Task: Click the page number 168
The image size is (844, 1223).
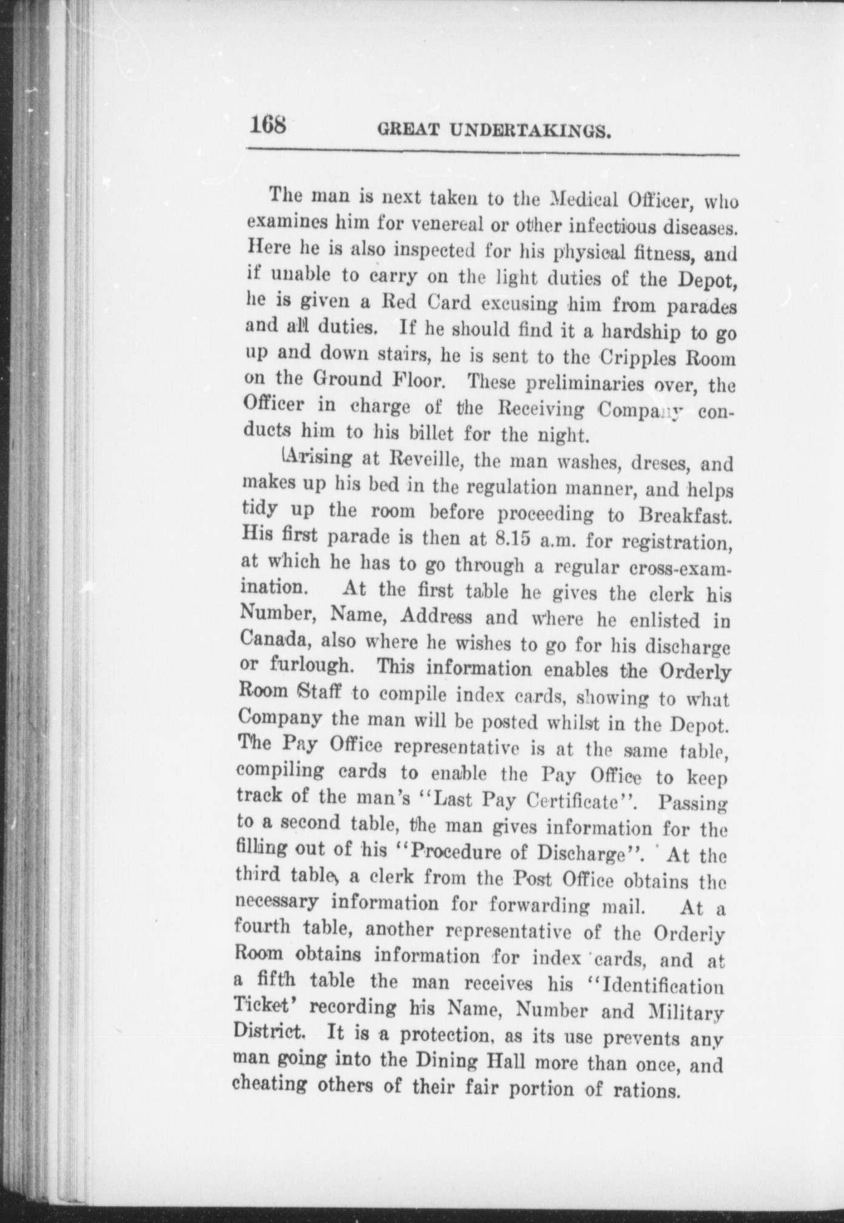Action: click(x=267, y=126)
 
